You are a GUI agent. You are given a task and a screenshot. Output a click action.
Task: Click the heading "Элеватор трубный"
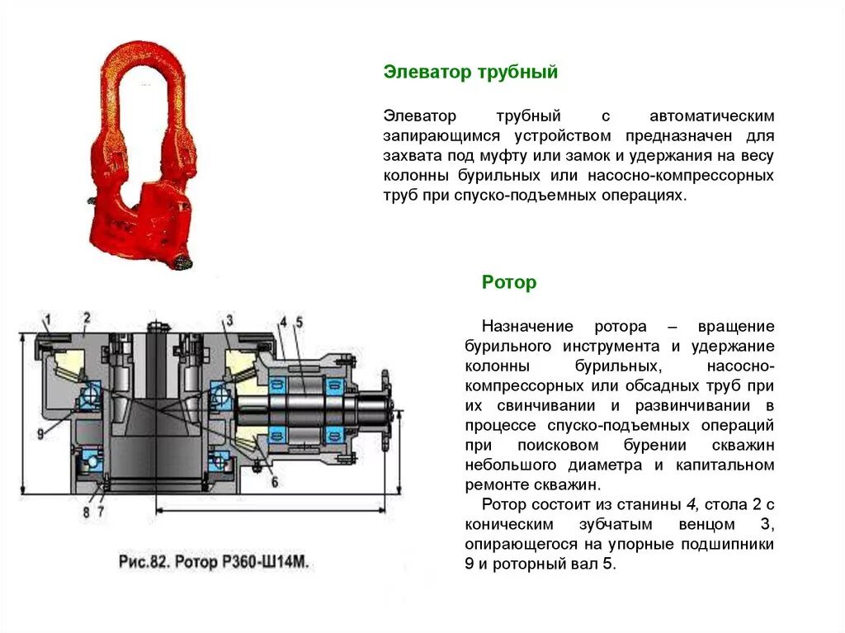(x=470, y=73)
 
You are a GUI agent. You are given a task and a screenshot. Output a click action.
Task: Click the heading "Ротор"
(x=509, y=283)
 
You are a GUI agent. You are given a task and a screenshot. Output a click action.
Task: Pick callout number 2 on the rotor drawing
(x=86, y=317)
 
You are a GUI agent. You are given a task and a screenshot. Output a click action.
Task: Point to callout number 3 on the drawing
(x=229, y=320)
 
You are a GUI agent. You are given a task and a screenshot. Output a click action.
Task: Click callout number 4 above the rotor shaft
(x=282, y=322)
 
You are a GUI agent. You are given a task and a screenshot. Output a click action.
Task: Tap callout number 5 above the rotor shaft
(x=300, y=322)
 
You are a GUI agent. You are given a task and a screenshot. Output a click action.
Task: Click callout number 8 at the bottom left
(x=86, y=512)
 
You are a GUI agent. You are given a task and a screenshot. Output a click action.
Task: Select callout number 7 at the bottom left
(x=100, y=512)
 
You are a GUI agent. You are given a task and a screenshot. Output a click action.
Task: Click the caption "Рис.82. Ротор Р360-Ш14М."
(x=213, y=563)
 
